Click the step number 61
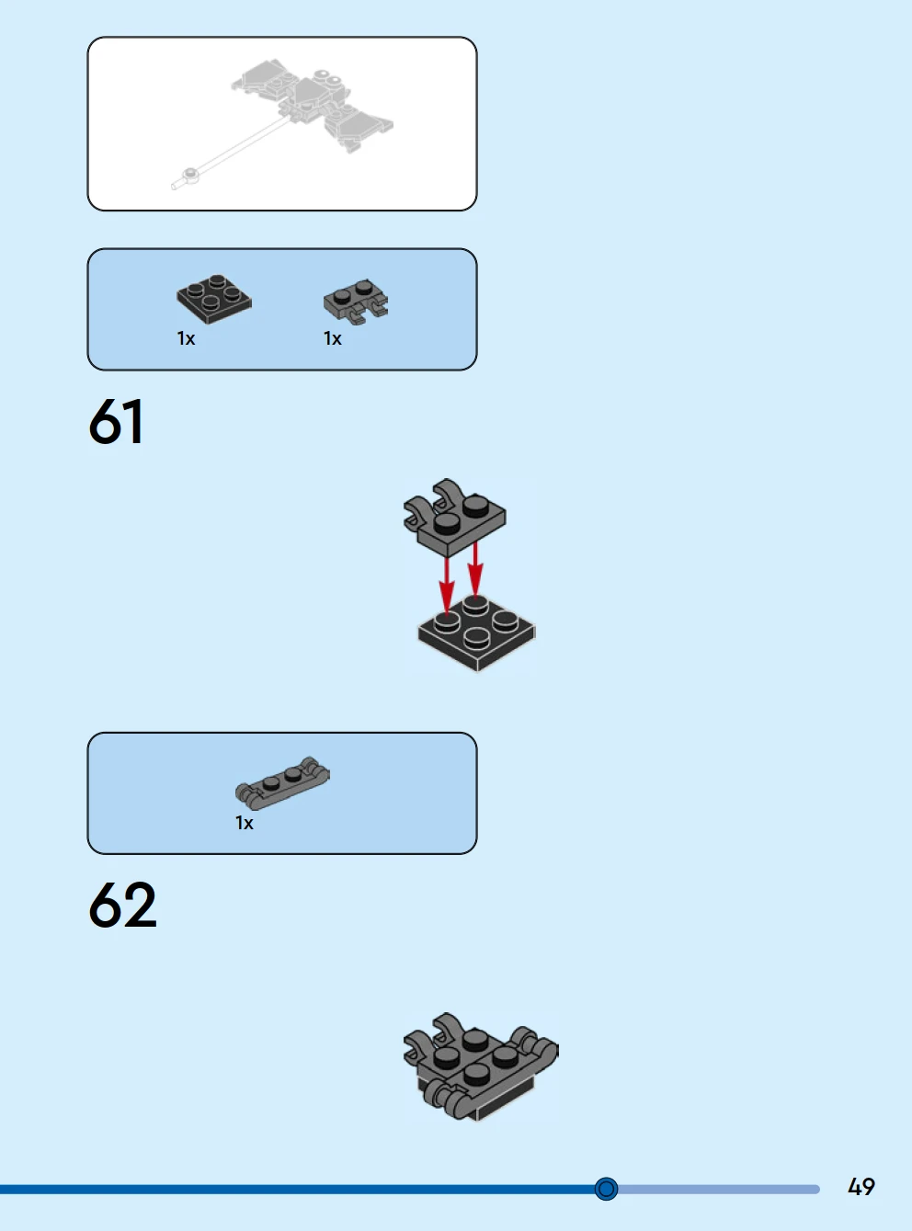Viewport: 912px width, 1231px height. click(116, 422)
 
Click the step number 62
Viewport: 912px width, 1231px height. click(122, 906)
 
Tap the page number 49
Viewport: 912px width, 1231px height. click(861, 1187)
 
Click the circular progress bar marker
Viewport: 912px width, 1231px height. click(606, 1190)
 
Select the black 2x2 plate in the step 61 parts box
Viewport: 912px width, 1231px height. click(214, 299)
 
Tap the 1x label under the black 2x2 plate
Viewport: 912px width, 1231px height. click(186, 339)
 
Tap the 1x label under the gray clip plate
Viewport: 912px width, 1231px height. click(332, 339)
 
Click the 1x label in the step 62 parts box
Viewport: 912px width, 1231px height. click(244, 824)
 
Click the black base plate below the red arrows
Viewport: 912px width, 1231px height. click(476, 634)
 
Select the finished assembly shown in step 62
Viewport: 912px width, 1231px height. click(480, 1066)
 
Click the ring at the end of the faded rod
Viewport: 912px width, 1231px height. click(190, 173)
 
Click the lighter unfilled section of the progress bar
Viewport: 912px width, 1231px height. click(717, 1190)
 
